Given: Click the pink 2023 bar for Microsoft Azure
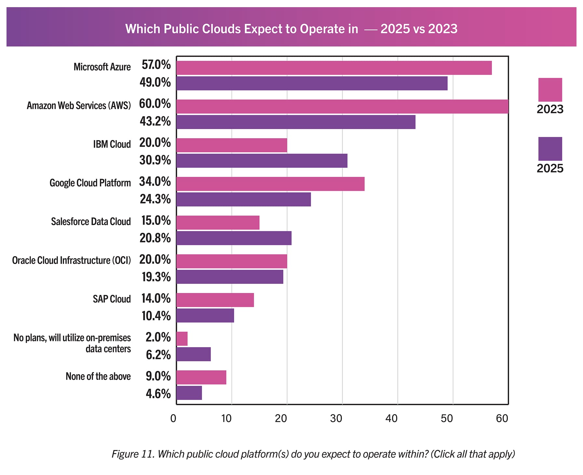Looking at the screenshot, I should click(334, 68).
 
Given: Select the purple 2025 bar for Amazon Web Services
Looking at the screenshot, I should click(296, 122).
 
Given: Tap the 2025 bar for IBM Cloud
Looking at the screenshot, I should click(262, 161).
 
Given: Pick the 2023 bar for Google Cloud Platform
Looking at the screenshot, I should click(270, 184).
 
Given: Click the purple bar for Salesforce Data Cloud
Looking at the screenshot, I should click(234, 238).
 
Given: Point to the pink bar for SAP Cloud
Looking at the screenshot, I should click(215, 300).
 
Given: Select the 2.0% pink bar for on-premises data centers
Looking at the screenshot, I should click(182, 338).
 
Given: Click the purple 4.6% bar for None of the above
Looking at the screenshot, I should click(189, 393).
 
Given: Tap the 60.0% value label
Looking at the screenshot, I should click(155, 104).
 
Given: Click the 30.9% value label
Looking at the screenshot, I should click(155, 160).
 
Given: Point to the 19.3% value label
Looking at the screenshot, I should click(156, 277).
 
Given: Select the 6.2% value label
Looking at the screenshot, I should click(158, 355).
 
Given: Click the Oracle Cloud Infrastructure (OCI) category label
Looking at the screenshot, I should click(72, 260).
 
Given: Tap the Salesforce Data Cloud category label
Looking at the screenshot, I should click(91, 221).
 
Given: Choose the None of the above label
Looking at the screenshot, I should click(98, 376).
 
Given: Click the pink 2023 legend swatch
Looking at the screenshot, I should click(550, 90).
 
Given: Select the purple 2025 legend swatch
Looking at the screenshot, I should click(550, 149).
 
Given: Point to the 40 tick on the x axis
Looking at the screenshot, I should click(391, 418).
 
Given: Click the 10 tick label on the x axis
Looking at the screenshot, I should click(226, 418).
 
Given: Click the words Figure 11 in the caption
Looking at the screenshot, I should click(133, 454).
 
